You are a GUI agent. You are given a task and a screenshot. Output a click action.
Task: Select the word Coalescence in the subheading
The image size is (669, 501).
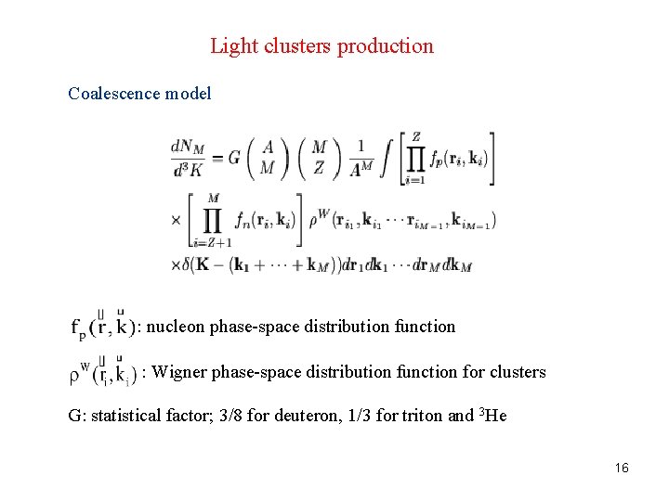coord(112,94)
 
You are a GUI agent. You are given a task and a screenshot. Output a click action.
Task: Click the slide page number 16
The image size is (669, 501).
coord(622,468)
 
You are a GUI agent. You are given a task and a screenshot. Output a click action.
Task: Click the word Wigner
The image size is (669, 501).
coord(180,372)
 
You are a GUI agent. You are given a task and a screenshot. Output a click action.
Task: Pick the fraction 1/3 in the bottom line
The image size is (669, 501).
coord(340,416)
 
